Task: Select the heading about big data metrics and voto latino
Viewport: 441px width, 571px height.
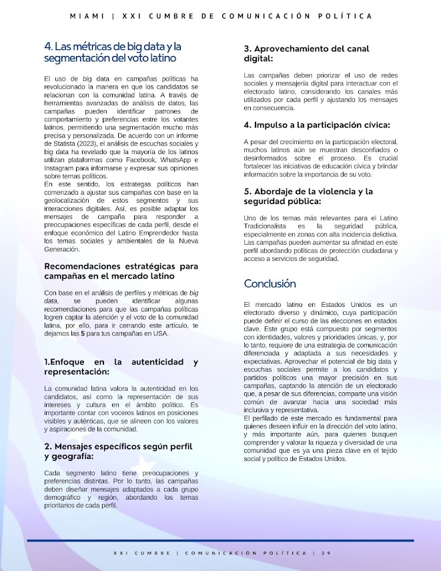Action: click(112, 53)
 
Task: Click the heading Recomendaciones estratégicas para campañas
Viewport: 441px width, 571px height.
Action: click(121, 270)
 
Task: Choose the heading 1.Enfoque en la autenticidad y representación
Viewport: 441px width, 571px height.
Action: click(121, 366)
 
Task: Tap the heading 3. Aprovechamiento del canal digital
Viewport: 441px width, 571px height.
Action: click(306, 53)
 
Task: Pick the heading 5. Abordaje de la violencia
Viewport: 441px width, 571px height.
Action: click(308, 196)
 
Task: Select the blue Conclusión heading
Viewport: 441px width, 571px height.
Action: click(270, 283)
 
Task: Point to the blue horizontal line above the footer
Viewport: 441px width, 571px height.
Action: click(220, 540)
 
